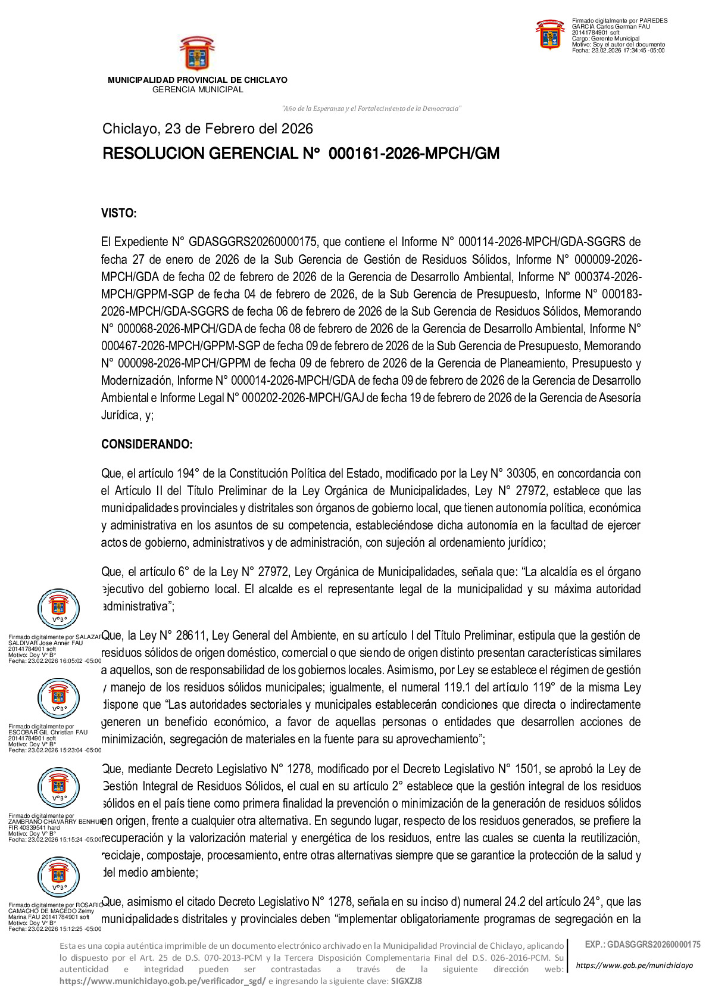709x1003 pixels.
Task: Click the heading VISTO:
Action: coord(119,213)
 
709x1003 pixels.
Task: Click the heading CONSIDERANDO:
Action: coord(146,444)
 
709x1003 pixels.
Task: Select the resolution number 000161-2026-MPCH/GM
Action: coord(414,154)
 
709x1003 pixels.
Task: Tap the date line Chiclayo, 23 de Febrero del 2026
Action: coord(207,129)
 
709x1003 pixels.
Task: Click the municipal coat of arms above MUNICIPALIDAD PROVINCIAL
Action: coord(197,54)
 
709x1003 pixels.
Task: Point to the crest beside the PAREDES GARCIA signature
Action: coord(550,35)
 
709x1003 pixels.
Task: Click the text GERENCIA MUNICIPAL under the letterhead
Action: coord(198,90)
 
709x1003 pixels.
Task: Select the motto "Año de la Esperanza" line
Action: coord(371,108)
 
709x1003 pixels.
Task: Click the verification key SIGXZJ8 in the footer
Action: coord(407,981)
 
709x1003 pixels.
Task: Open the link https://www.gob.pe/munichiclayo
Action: coord(635,965)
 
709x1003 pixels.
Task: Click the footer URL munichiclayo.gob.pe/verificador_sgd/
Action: coord(163,981)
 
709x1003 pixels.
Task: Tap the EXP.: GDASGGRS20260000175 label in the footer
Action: coord(642,945)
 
